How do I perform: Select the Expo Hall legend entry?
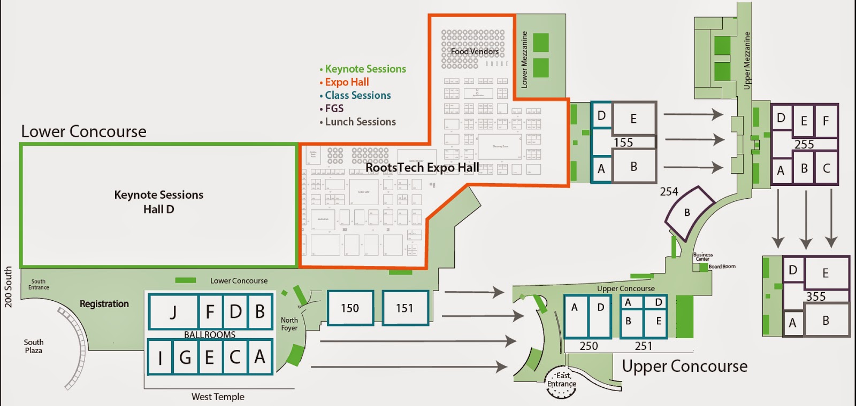tap(347, 82)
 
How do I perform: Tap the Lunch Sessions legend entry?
tap(360, 122)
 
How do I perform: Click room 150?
tap(350, 308)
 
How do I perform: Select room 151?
tap(405, 308)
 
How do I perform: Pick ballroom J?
tap(173, 311)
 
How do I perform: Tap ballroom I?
tap(160, 357)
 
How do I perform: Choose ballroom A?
tap(260, 356)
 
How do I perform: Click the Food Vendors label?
tap(475, 52)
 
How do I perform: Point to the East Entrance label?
tap(562, 380)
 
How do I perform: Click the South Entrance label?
tap(39, 284)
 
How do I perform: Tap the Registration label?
tap(104, 304)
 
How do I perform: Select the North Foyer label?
tap(289, 324)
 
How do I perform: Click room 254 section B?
tap(687, 213)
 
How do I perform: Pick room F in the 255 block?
tap(826, 121)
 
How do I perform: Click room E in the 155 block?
tap(633, 119)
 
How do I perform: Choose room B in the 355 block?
tap(826, 321)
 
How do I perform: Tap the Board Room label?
tap(722, 267)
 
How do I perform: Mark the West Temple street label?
tap(218, 397)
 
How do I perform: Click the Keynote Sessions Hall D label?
tap(159, 202)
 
